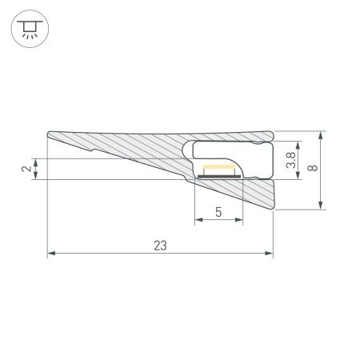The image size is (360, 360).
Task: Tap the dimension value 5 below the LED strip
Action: pos(218,213)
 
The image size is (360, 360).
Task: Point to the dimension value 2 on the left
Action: pos(26,169)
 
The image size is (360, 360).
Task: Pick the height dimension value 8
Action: pos(314,169)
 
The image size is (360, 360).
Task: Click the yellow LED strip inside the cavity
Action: pos(218,170)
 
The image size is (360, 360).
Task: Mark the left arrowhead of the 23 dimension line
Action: pos(51,254)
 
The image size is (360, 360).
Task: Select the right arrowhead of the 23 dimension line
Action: pos(270,254)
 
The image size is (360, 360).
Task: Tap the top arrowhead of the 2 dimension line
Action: pos(36,161)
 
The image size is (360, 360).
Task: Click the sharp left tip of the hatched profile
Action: pos(49,134)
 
